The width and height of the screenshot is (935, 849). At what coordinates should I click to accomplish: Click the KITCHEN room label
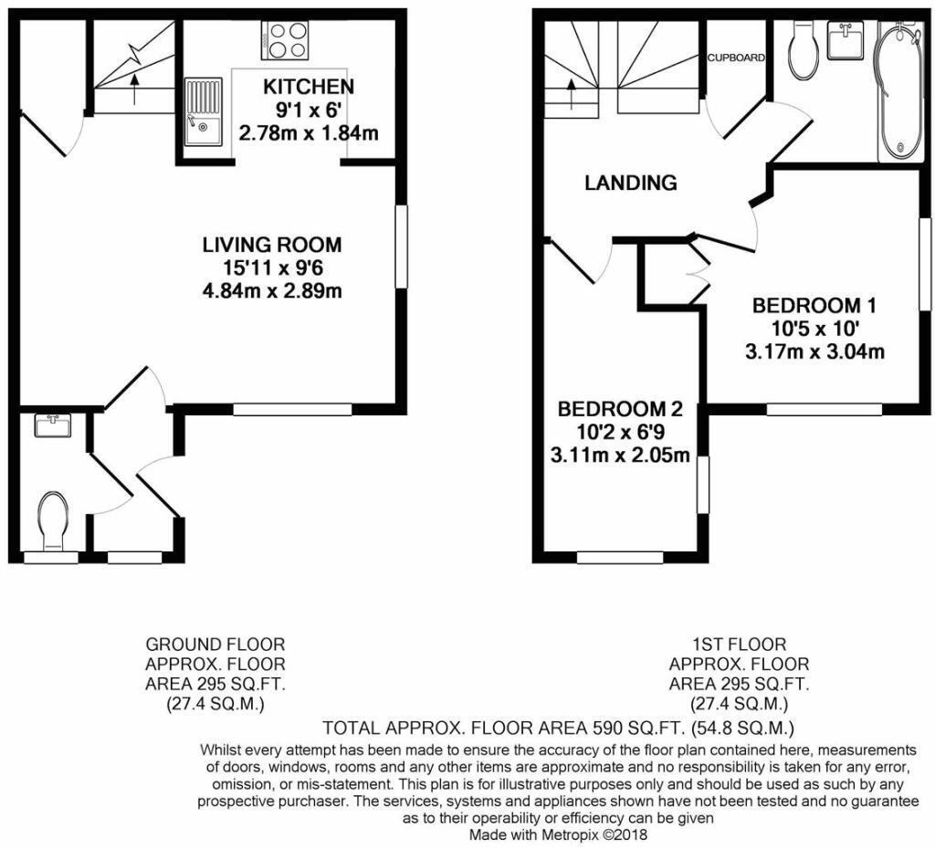tap(308, 87)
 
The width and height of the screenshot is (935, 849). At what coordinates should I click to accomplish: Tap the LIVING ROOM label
tap(271, 245)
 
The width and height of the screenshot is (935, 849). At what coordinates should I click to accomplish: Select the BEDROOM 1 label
tap(806, 305)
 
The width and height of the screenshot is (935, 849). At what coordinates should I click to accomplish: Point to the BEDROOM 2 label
tap(620, 408)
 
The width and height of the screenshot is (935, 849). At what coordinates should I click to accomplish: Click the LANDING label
tap(631, 183)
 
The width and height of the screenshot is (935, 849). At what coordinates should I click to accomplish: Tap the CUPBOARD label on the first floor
tap(735, 58)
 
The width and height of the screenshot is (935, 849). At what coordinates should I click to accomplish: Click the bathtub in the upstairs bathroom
tap(899, 91)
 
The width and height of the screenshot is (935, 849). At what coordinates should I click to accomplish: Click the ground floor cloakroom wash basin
tap(53, 424)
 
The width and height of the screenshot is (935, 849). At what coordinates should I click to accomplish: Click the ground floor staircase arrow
tap(135, 88)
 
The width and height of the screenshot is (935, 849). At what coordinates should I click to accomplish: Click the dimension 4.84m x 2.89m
tap(271, 291)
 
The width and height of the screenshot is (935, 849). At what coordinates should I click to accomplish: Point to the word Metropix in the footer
tap(569, 834)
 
